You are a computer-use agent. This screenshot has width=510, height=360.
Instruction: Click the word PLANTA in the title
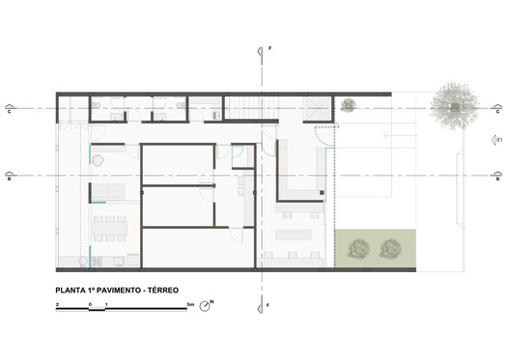point(71,289)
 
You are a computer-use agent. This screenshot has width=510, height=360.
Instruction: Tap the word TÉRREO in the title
point(158,289)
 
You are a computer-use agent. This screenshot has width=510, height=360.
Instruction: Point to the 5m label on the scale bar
point(191,304)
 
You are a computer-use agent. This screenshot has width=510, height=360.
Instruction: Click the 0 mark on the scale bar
point(90,304)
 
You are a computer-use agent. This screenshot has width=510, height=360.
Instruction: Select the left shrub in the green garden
point(359,248)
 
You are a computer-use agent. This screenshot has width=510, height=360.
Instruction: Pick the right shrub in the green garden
point(390,248)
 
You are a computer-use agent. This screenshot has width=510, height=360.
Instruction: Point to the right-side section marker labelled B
point(495,176)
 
